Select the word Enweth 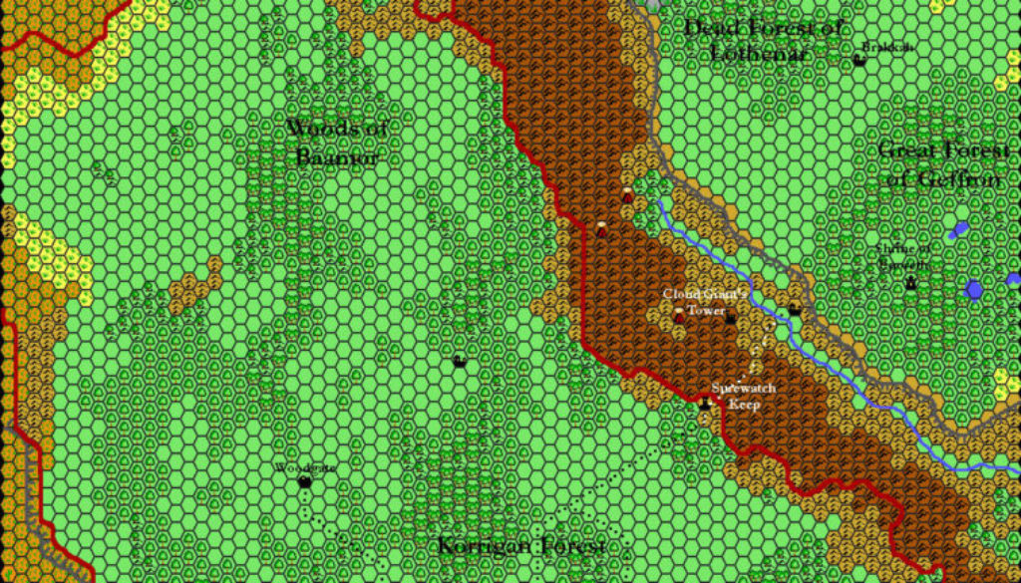(x=902, y=265)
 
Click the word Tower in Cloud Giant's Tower (x=706, y=311)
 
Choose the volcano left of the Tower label (x=679, y=314)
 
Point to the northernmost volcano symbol (x=626, y=194)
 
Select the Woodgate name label (x=305, y=466)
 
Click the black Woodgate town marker (x=304, y=482)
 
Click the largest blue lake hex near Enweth (x=973, y=289)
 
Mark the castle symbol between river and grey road (x=794, y=310)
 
